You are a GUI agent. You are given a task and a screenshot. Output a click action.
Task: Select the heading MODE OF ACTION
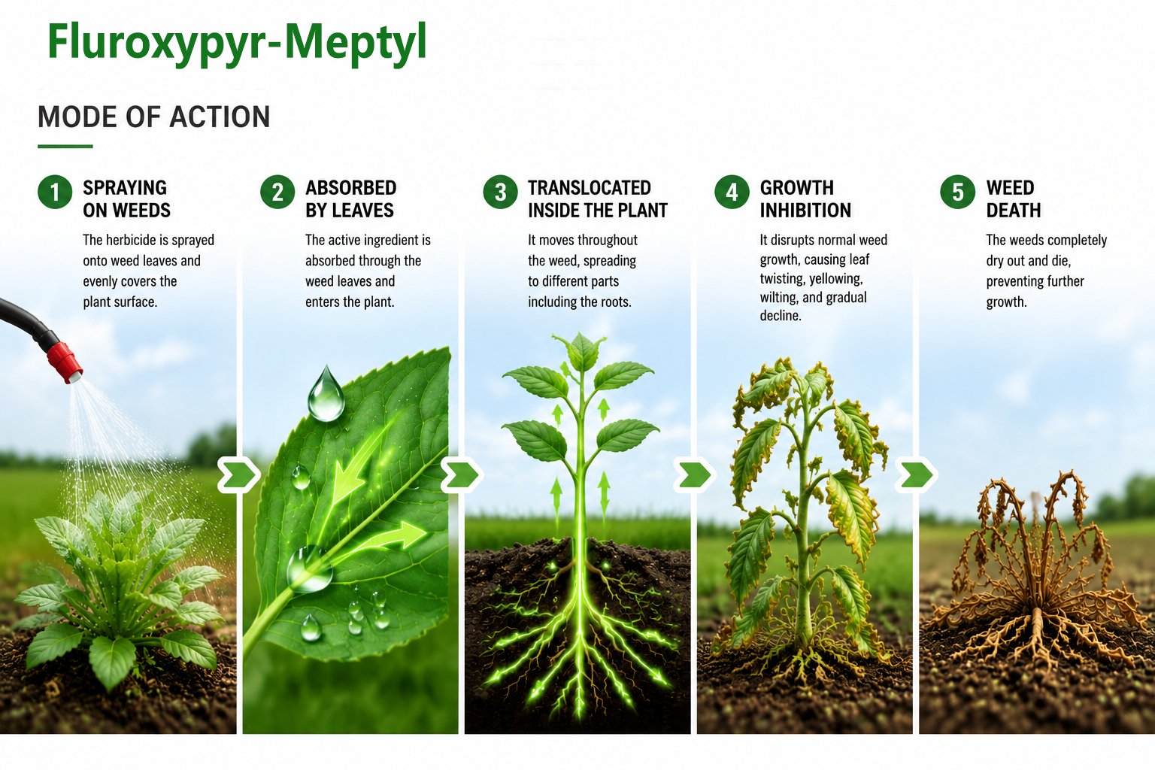point(153,117)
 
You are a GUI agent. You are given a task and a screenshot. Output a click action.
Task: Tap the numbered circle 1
point(55,192)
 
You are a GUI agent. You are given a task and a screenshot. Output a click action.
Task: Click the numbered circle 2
point(277,192)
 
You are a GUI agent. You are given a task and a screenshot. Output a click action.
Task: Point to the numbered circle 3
point(500,192)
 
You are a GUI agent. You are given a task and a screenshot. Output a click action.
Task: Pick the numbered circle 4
point(732,192)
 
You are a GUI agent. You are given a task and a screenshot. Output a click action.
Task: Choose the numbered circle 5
point(957,192)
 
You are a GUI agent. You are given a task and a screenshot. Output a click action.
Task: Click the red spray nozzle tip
point(65,362)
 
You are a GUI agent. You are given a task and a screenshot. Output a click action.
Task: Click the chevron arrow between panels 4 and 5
point(915,474)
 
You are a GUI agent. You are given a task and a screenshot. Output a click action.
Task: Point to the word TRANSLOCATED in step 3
point(590,188)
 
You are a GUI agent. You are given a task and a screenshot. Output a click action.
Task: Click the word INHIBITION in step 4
point(805,211)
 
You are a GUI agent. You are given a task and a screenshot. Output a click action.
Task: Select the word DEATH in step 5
point(1014,211)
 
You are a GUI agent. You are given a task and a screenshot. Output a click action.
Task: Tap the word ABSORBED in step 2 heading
point(351,188)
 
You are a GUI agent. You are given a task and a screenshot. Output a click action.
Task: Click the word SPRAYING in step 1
point(125,188)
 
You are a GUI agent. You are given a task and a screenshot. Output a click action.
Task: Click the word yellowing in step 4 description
point(836,279)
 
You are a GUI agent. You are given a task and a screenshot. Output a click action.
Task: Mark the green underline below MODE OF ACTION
point(65,147)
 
